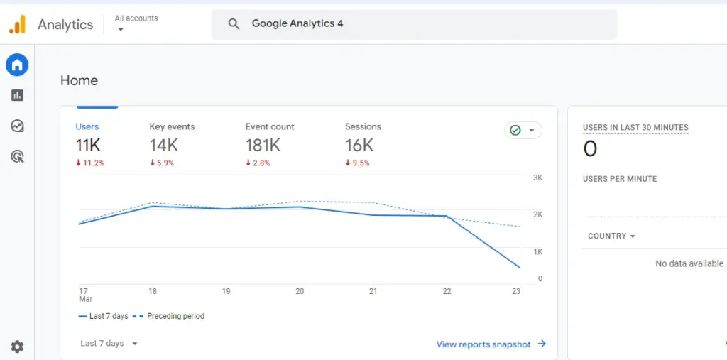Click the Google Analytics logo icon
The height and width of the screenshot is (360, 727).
tap(17, 24)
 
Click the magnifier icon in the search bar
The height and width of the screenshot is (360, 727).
tap(234, 24)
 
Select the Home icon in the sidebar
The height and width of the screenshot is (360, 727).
tap(17, 65)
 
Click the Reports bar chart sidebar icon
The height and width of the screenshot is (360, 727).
tap(17, 95)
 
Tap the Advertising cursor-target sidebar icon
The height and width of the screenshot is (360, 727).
tap(17, 156)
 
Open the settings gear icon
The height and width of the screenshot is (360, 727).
tap(17, 347)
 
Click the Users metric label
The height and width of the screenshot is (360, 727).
tap(87, 126)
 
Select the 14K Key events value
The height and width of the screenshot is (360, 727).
tap(163, 146)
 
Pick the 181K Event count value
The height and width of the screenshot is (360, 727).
tap(263, 146)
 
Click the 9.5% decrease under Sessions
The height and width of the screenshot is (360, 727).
tap(359, 163)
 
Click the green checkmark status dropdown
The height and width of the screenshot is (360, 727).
tap(523, 131)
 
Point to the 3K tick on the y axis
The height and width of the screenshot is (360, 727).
tap(537, 178)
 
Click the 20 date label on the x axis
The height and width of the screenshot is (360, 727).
tap(300, 291)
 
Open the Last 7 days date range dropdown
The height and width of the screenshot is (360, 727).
tap(109, 344)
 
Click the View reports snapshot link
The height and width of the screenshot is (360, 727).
tap(491, 344)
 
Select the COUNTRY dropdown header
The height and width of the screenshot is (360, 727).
tap(611, 236)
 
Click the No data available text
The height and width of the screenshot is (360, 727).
tap(689, 263)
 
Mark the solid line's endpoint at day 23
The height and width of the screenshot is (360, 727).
tap(520, 268)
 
